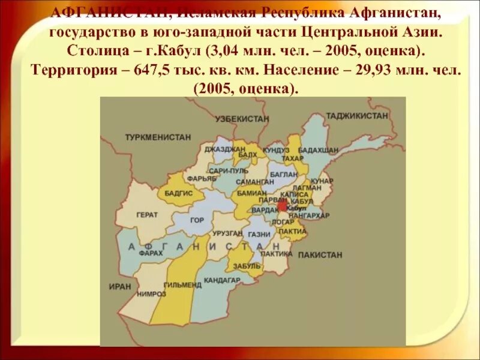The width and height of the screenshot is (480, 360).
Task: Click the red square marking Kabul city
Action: [283, 206]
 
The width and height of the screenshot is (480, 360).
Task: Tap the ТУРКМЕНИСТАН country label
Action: [158, 137]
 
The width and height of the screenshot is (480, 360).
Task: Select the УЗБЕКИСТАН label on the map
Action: [242, 119]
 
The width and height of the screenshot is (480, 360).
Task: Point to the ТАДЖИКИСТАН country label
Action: [357, 115]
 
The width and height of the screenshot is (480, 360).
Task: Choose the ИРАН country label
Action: [120, 287]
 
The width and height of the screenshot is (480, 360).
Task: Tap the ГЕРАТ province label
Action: [147, 214]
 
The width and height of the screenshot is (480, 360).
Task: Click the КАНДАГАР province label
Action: [222, 280]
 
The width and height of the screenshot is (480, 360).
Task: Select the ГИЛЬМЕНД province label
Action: [182, 285]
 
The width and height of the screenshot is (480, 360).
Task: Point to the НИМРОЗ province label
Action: [151, 294]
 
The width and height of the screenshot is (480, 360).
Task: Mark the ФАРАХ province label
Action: [151, 254]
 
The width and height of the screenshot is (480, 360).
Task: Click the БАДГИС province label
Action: [179, 193]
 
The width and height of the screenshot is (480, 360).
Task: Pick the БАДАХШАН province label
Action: [319, 149]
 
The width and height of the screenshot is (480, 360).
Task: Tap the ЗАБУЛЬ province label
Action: [248, 266]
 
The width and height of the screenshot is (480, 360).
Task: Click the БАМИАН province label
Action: [251, 193]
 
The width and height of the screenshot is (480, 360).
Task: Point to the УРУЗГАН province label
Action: [227, 233]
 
